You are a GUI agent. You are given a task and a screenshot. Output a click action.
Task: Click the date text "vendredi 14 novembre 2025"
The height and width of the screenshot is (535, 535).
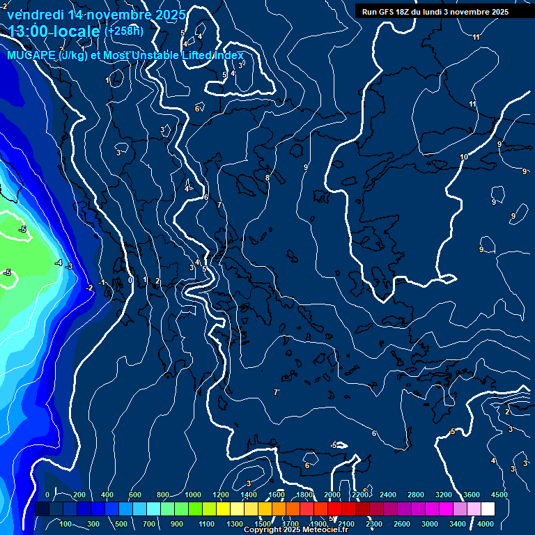[x=96, y=15]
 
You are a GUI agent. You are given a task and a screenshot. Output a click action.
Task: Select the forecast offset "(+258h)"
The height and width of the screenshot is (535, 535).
[x=124, y=31]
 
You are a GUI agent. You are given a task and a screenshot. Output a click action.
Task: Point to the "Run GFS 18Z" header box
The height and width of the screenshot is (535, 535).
[x=435, y=12]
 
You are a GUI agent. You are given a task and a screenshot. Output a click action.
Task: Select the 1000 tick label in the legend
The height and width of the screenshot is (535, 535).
[x=193, y=495]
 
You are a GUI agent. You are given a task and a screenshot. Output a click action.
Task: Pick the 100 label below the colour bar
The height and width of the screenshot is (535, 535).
[x=67, y=524]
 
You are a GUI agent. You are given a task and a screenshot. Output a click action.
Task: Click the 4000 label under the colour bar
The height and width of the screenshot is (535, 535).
[x=486, y=524]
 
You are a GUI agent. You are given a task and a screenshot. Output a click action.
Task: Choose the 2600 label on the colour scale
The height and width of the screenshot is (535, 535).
[x=402, y=524]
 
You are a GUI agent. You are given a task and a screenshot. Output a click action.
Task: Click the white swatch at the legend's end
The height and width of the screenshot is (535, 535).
[x=488, y=509]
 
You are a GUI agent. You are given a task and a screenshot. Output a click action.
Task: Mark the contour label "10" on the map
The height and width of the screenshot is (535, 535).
[x=464, y=157]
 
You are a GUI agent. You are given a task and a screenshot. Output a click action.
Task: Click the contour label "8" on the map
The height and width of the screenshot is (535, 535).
[x=267, y=178]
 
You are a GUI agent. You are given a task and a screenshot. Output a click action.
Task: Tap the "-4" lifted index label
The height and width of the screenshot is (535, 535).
[x=59, y=263]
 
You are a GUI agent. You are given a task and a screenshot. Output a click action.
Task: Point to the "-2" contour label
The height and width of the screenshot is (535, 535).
[x=89, y=288]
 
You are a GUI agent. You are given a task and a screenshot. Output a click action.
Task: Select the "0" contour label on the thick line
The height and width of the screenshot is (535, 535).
[x=130, y=281]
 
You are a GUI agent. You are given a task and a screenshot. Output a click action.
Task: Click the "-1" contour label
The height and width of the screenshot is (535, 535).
[x=102, y=282]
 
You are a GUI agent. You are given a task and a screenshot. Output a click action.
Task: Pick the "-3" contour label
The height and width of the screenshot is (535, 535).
[x=69, y=266]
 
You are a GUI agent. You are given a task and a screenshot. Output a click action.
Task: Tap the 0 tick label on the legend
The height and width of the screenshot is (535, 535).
[x=47, y=495]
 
